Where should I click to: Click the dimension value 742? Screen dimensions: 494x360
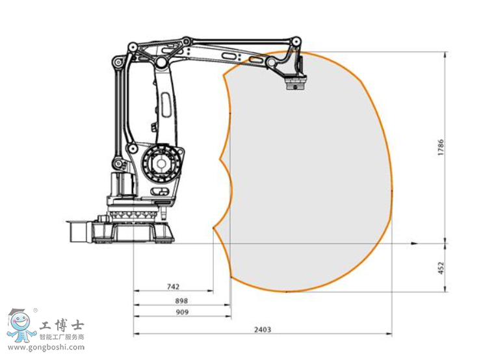(173, 287)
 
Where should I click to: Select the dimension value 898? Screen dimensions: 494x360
(181, 301)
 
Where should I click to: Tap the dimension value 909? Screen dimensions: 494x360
(182, 312)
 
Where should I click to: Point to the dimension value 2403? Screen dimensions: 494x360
(263, 329)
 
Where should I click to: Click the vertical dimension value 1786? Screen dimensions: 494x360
(441, 148)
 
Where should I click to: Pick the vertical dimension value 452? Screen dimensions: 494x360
(441, 268)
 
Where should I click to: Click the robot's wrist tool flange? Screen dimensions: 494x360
(296, 84)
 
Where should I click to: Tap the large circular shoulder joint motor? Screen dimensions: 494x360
(161, 163)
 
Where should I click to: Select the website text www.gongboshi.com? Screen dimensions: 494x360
(46, 348)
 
